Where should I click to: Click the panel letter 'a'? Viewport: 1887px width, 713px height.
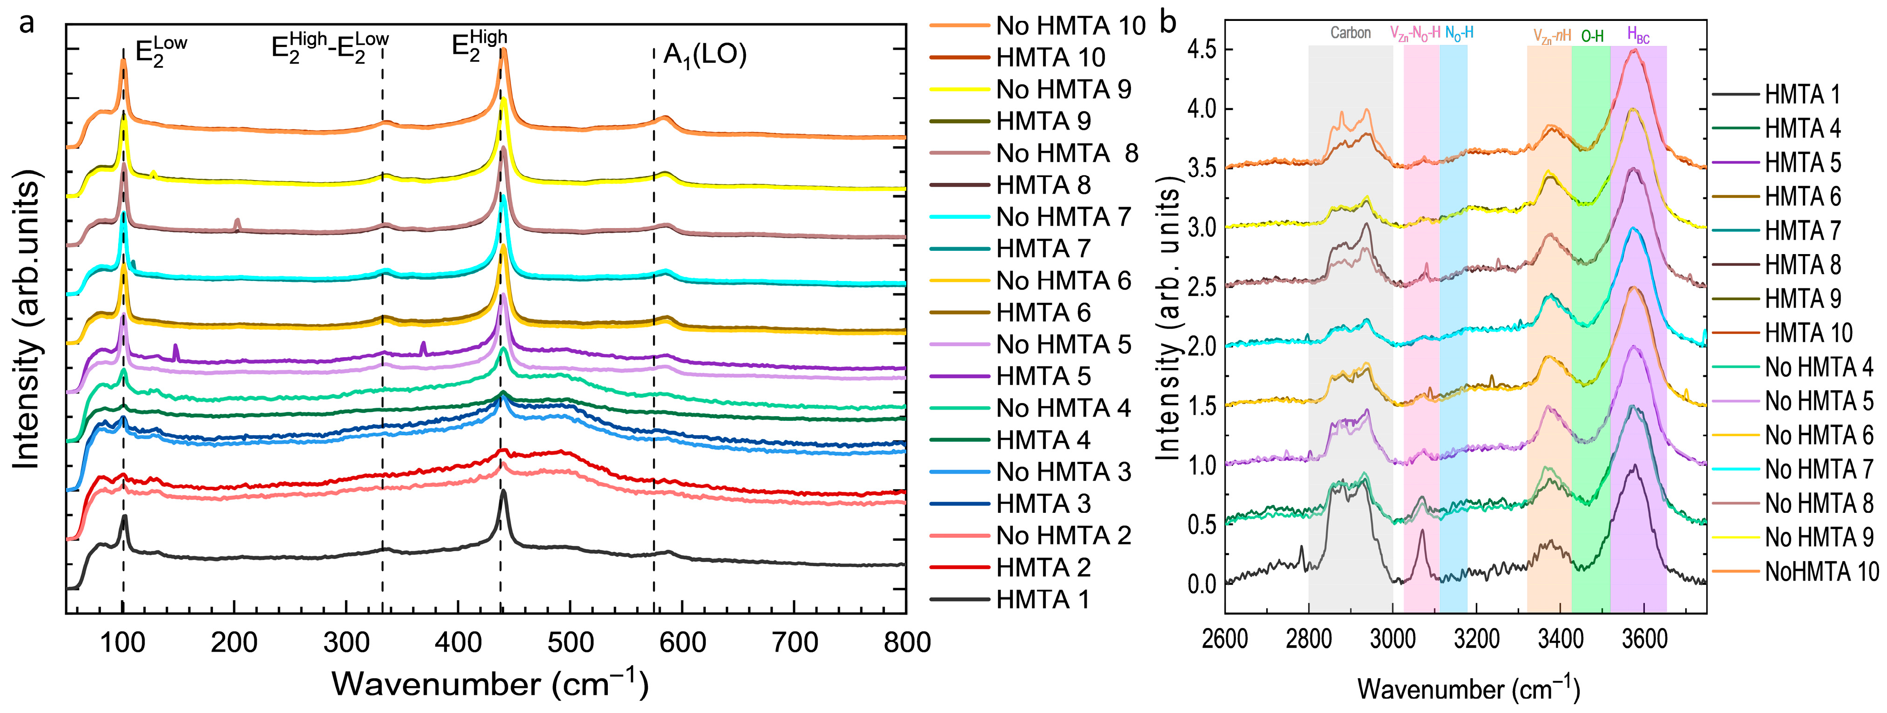27,23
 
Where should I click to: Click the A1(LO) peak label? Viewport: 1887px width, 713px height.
704,55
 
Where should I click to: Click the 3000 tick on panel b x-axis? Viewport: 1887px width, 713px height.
1393,639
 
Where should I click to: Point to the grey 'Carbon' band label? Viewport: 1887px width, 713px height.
1350,33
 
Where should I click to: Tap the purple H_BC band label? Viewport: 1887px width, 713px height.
1638,34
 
